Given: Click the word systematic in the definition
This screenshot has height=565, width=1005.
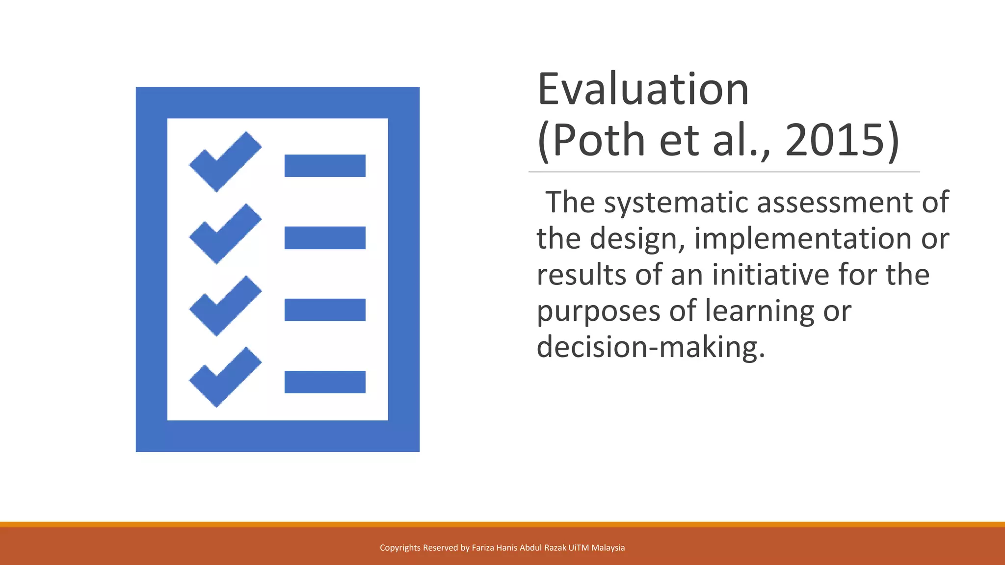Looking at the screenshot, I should click(x=677, y=203).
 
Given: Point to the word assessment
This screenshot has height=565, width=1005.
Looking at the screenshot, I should click(x=835, y=203).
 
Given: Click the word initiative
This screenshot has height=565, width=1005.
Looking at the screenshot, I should click(x=771, y=275).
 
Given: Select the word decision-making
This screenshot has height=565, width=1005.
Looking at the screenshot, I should click(x=651, y=347).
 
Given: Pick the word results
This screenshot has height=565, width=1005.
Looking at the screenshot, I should click(x=582, y=275).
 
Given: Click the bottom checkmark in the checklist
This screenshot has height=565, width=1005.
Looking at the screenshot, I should click(x=225, y=377).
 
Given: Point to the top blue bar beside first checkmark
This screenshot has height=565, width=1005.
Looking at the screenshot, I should click(x=325, y=166).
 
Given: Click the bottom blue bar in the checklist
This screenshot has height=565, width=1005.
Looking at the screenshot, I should click(x=325, y=382).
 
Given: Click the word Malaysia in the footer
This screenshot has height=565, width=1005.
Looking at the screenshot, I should click(x=608, y=548).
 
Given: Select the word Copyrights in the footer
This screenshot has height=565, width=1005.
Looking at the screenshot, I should click(x=400, y=548).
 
